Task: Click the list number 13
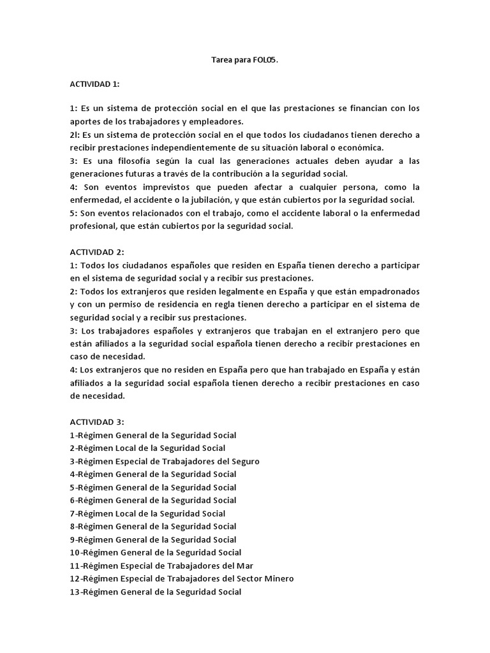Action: point(75,592)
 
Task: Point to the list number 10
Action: point(75,552)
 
